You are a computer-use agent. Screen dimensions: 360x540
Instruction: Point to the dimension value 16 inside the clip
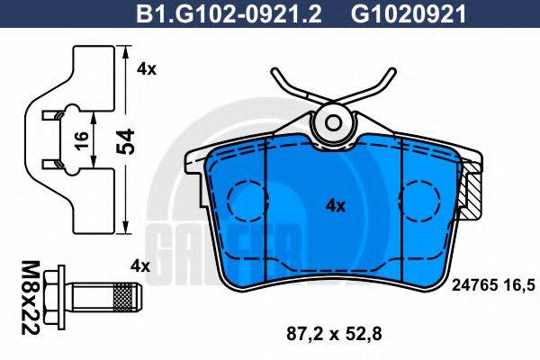(82, 139)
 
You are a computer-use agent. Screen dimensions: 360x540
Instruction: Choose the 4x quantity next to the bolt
(139, 265)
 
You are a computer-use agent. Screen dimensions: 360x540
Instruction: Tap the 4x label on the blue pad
(335, 205)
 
